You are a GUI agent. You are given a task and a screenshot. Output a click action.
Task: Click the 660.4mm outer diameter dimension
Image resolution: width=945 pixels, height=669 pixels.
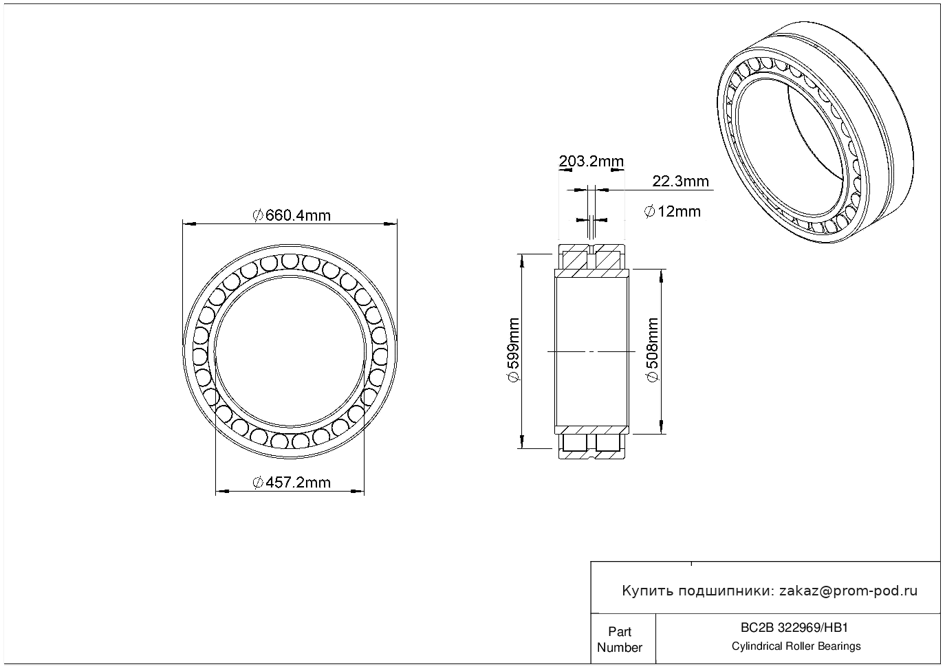pos(292,215)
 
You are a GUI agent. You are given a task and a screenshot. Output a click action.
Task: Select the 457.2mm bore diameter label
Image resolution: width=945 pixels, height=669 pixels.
pos(292,482)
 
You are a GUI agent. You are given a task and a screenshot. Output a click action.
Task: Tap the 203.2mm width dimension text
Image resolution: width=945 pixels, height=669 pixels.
pos(591,161)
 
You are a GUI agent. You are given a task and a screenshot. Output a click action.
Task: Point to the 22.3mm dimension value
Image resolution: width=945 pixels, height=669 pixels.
pos(680,181)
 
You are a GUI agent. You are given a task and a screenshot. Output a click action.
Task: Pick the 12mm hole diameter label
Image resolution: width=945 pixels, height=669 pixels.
pos(673,211)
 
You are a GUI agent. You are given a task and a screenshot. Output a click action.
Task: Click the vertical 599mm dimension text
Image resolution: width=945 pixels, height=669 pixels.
pos(514,350)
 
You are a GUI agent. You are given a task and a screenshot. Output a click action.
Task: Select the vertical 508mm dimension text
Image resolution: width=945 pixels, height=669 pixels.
pos(653,350)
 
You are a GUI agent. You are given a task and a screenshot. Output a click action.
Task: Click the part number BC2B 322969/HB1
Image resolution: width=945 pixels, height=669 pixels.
pos(794,628)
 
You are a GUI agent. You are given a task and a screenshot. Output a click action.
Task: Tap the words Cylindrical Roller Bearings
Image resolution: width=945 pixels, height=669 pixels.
pos(796,646)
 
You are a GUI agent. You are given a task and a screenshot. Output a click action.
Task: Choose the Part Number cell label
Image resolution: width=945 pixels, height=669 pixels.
pos(619,639)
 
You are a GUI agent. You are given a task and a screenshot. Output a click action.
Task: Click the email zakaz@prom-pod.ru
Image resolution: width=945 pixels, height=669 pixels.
pos(849,591)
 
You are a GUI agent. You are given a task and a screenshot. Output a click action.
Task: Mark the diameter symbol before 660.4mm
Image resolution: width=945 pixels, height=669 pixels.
pos(258,215)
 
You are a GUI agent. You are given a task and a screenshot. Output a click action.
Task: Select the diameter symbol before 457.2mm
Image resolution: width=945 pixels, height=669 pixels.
pos(258,482)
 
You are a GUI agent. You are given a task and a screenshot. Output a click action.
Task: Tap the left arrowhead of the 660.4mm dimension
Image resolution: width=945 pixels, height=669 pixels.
pos(188,223)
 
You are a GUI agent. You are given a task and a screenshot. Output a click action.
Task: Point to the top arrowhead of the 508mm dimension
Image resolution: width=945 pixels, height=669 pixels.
pos(661,275)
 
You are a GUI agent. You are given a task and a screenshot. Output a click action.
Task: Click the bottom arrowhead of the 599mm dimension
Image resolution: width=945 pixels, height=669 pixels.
pos(522,441)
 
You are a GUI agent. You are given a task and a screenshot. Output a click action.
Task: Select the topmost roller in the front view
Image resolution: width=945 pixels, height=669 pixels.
pos(290,261)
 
